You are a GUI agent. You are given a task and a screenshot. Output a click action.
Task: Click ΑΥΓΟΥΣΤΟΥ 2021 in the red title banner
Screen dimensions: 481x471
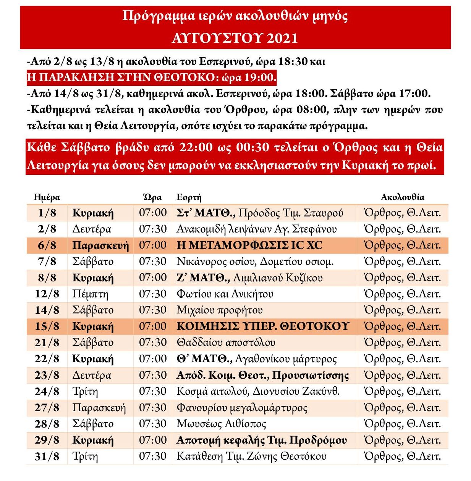[x=235, y=38]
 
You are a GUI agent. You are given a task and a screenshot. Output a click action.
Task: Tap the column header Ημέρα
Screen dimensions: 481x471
[x=47, y=197]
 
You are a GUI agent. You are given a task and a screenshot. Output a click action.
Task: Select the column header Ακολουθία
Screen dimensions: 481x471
[x=402, y=197]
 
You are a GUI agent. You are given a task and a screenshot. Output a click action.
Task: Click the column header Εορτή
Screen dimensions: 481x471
[x=189, y=197]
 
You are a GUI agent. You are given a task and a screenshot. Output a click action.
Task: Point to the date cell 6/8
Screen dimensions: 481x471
[x=47, y=245]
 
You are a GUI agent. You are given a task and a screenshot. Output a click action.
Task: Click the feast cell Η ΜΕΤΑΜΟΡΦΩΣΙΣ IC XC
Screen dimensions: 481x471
[x=249, y=245]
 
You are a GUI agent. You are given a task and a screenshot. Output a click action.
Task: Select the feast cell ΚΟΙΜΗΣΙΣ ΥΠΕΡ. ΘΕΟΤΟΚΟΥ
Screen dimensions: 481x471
[x=263, y=326]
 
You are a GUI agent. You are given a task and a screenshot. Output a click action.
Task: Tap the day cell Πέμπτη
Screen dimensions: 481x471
[x=90, y=294]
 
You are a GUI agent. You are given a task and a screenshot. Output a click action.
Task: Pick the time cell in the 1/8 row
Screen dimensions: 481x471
[x=153, y=213]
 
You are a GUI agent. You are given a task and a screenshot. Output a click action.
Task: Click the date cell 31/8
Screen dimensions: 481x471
[x=47, y=457]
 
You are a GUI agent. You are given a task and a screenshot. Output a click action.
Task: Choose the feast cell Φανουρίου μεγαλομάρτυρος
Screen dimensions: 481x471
[x=242, y=408]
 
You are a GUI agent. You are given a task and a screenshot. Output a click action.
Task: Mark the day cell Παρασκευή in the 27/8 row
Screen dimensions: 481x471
[x=99, y=408]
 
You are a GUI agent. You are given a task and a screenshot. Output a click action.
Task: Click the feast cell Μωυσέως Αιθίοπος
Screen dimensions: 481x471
[x=221, y=424]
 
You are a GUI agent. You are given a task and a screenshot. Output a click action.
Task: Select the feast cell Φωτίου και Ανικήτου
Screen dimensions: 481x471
[x=225, y=294]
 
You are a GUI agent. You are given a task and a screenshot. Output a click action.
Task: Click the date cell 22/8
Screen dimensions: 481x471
[x=47, y=359]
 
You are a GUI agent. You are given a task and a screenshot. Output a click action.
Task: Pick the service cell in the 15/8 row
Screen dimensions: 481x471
[x=402, y=326]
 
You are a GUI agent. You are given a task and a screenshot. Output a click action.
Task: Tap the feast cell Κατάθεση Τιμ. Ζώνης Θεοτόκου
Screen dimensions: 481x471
[x=251, y=457]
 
